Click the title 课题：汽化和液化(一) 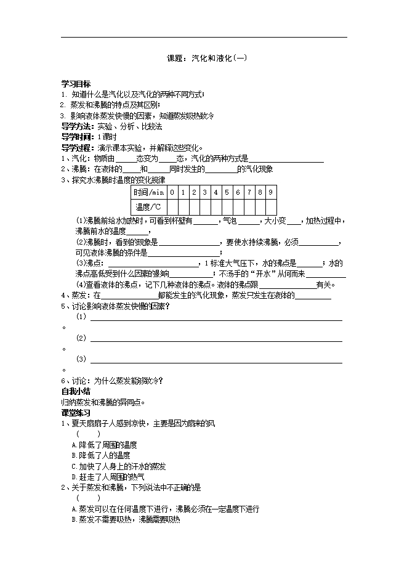pos(207,59)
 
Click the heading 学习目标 pos(76,84)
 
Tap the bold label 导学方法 pos(78,126)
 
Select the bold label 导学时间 pos(78,137)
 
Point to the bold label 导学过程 pos(78,148)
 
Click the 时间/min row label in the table pos(149,193)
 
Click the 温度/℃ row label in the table pos(149,207)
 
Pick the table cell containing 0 pos(172,193)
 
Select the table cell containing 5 pos(227,193)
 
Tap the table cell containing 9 pos(270,193)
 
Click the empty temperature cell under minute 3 pos(204,207)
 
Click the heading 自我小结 pos(76,391)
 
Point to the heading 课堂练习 pos(76,412)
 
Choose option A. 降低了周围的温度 pos(104,444)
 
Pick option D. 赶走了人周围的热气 pos(108,477)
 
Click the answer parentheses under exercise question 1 pos(88,434)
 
